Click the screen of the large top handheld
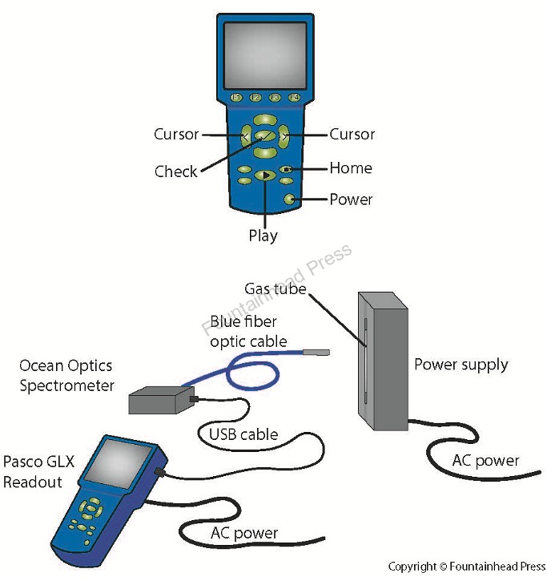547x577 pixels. tap(265, 55)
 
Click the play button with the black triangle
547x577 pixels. tap(264, 175)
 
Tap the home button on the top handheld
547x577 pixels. tap(287, 169)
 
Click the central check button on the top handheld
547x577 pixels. tap(264, 135)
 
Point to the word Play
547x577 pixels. tap(263, 236)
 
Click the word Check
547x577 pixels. tap(175, 171)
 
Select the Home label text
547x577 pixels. tap(351, 168)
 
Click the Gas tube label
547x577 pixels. tap(276, 288)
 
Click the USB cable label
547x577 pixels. tap(243, 435)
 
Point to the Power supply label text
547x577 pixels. tap(461, 365)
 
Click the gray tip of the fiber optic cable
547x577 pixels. tap(319, 350)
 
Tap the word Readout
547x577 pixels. tap(31, 482)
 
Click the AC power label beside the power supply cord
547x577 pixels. tap(485, 461)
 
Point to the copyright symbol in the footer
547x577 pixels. tap(445, 567)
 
